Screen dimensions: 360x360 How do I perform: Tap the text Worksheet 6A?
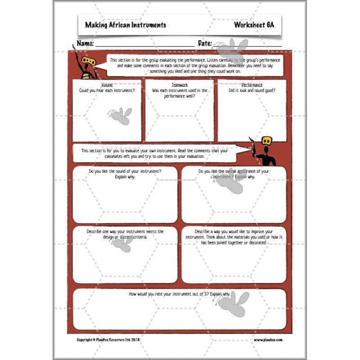click(x=254, y=25)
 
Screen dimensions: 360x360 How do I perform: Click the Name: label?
click(x=85, y=44)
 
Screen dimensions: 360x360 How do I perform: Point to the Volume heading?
click(x=107, y=85)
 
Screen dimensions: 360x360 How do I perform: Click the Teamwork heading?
click(x=180, y=85)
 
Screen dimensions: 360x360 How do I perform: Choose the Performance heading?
click(x=252, y=85)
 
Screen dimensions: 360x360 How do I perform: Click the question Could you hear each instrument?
click(x=107, y=90)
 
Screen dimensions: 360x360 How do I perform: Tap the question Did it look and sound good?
click(x=252, y=90)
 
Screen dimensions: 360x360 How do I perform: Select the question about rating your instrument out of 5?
click(x=179, y=294)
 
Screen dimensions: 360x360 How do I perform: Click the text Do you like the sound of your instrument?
click(x=125, y=171)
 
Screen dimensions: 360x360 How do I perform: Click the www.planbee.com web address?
click(x=268, y=340)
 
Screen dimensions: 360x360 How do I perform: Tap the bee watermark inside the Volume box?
click(x=120, y=116)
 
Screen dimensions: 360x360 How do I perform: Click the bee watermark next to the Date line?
click(x=230, y=48)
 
